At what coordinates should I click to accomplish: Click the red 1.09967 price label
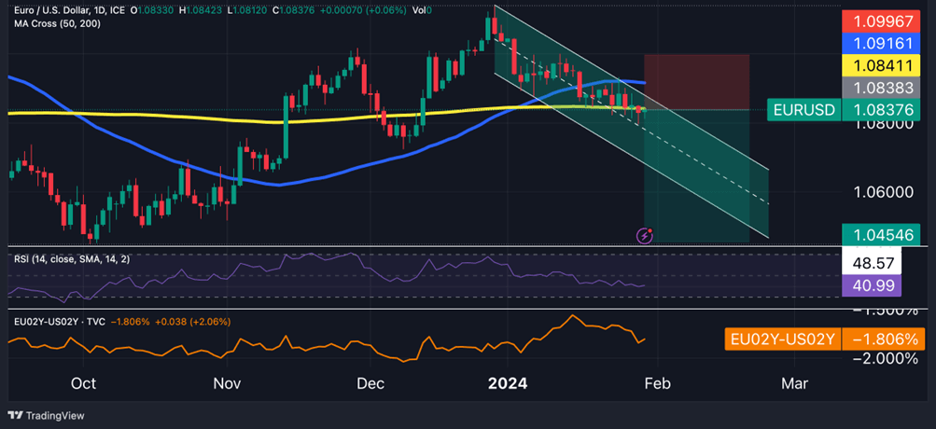(x=887, y=21)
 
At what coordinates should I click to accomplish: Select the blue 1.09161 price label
(x=887, y=43)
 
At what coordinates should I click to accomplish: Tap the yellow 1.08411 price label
(x=887, y=65)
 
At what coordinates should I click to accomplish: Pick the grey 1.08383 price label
(x=887, y=88)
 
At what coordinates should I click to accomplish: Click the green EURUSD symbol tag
(x=802, y=110)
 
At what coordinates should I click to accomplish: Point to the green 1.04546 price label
(x=887, y=234)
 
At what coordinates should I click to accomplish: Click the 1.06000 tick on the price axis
(x=885, y=192)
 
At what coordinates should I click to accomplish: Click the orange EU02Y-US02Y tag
(x=782, y=339)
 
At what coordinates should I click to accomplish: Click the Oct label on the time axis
(x=83, y=383)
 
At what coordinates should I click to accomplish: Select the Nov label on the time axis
(x=227, y=383)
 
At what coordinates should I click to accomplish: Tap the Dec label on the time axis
(x=370, y=383)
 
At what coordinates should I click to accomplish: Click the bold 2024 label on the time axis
(x=509, y=383)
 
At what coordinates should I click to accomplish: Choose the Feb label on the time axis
(x=658, y=383)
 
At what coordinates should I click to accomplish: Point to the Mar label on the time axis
(x=794, y=383)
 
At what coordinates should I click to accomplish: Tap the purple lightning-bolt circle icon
(x=644, y=236)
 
